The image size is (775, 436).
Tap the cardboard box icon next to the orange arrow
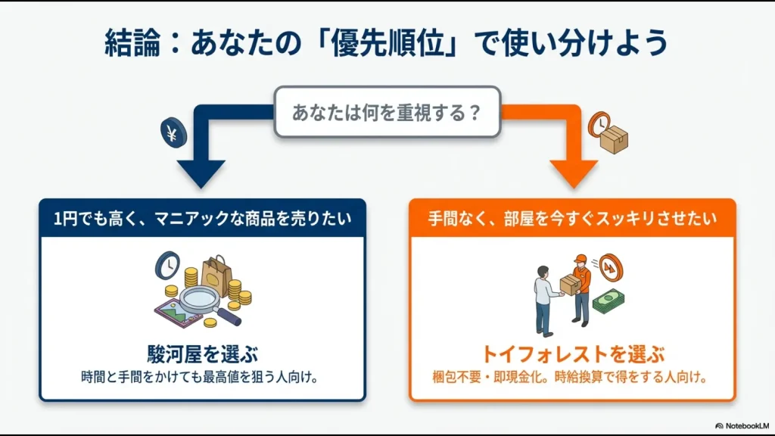click(x=613, y=139)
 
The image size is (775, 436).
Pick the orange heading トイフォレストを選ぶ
click(x=572, y=353)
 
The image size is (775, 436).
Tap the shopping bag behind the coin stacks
click(x=214, y=271)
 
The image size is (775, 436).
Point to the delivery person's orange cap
click(x=580, y=259)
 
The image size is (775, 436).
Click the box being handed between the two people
click(x=569, y=284)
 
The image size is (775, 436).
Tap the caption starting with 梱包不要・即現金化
click(x=572, y=376)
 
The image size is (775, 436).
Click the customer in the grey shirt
click(x=544, y=299)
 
